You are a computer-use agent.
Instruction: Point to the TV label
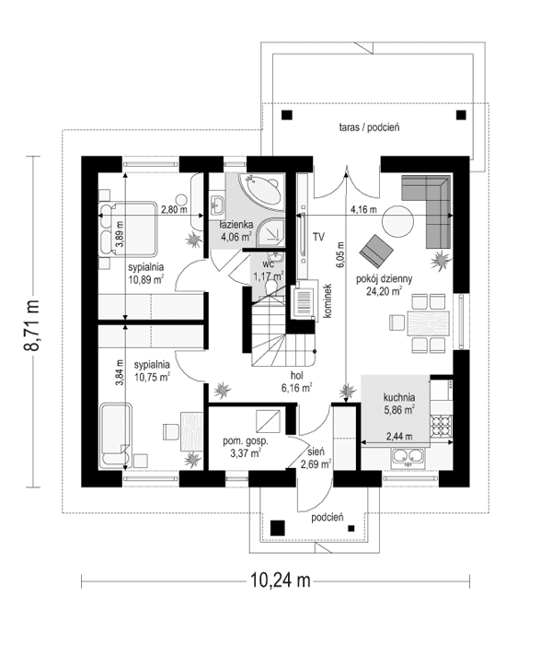[318, 237]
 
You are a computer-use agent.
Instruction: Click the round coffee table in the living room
[398, 221]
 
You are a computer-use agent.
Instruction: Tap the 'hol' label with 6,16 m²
[296, 381]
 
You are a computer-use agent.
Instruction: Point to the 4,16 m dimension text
[363, 210]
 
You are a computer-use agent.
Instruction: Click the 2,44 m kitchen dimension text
[398, 436]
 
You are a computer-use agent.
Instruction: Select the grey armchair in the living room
[375, 249]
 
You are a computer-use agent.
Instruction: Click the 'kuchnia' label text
[399, 397]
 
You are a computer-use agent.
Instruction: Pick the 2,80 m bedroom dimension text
[173, 209]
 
